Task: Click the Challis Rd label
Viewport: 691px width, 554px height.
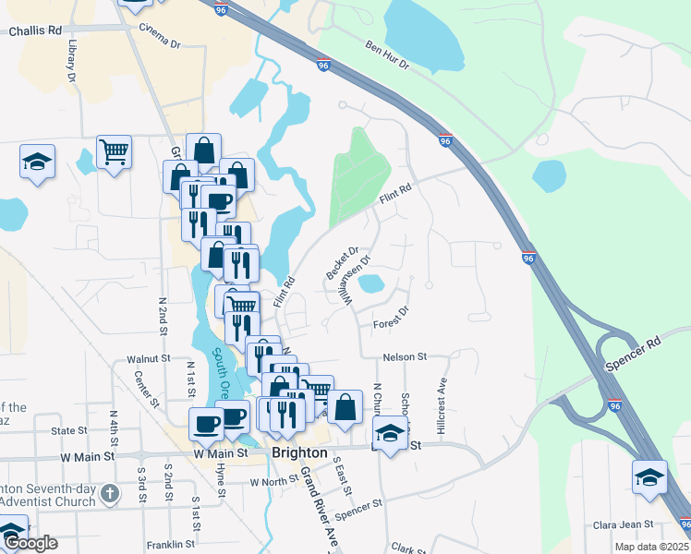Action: pyautogui.click(x=35, y=30)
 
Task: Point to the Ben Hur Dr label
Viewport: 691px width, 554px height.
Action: pyautogui.click(x=386, y=54)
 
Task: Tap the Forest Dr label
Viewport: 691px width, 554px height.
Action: pyautogui.click(x=391, y=319)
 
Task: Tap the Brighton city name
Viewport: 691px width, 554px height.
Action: pyautogui.click(x=299, y=453)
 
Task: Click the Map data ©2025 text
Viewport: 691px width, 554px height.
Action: pyautogui.click(x=651, y=547)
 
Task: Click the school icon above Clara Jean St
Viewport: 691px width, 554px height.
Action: pyautogui.click(x=649, y=476)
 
